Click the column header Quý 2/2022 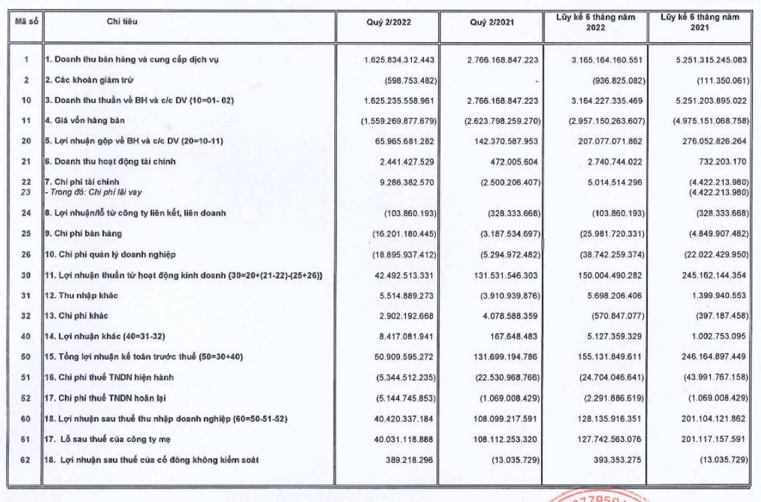[389, 22]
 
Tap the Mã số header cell [25, 21]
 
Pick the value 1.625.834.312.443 [400, 60]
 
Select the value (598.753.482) [409, 80]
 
